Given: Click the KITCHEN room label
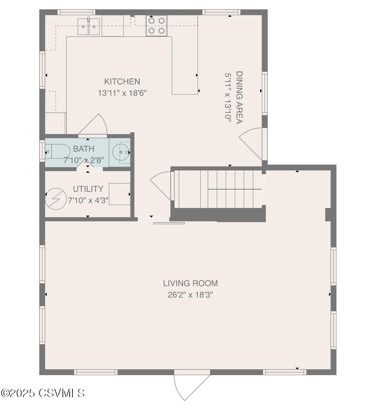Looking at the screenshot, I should tap(122, 82).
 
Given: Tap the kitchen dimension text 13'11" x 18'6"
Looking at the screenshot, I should tap(122, 93).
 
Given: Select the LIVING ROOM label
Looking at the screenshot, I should tap(190, 283).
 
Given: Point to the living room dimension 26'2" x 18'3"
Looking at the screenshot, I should tap(190, 295).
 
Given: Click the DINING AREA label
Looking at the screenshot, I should tap(239, 97).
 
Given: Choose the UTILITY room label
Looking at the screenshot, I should tap(88, 189).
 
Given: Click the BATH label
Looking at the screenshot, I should tap(84, 149).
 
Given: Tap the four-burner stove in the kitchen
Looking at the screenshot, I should tap(157, 26).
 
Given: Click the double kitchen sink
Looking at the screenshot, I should tap(89, 26).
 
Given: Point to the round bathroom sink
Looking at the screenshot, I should tap(121, 152).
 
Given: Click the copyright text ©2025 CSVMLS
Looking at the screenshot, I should tap(43, 393).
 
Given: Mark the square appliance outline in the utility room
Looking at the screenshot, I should tap(119, 194).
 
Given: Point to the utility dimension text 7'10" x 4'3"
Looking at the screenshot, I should tap(88, 200).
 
